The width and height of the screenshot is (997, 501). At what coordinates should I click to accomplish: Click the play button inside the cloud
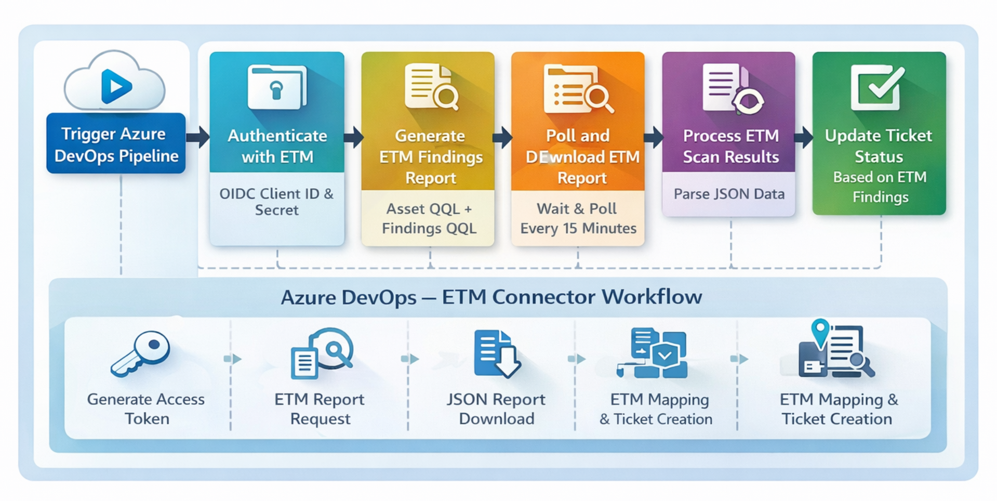(x=116, y=86)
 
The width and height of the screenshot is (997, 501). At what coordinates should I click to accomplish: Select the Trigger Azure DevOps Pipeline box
(x=116, y=144)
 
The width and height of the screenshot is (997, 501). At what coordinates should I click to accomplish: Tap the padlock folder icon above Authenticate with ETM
(x=277, y=87)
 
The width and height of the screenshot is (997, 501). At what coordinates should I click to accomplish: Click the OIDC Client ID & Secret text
(x=276, y=202)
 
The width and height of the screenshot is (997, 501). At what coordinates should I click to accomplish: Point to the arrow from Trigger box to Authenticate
(x=197, y=137)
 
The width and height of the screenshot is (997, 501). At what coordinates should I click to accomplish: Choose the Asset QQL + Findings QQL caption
(x=429, y=218)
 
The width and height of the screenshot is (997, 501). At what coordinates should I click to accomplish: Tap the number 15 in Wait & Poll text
(x=570, y=228)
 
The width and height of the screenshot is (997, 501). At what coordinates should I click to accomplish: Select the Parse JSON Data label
(x=729, y=194)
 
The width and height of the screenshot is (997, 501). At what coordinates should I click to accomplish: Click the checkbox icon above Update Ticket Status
(x=878, y=87)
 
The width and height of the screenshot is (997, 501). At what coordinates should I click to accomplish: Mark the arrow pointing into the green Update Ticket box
(x=804, y=137)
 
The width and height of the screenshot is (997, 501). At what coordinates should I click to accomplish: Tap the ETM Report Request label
(x=320, y=409)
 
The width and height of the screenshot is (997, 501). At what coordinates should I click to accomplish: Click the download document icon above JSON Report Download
(x=497, y=353)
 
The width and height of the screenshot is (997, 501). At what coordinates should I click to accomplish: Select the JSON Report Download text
(x=496, y=409)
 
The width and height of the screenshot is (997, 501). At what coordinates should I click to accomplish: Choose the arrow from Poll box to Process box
(x=654, y=137)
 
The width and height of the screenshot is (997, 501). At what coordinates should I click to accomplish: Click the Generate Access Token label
(x=146, y=409)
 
